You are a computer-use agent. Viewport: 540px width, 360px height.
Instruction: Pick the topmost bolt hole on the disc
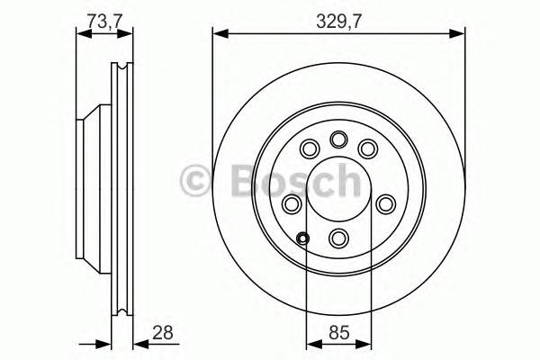point(339,139)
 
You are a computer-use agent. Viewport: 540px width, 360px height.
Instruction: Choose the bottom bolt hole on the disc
point(339,238)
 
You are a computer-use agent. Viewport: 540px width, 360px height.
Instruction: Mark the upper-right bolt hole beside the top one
point(367,148)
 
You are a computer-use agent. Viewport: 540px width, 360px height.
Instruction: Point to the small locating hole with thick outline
point(303,238)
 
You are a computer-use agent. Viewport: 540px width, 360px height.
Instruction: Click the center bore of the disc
point(339,188)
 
